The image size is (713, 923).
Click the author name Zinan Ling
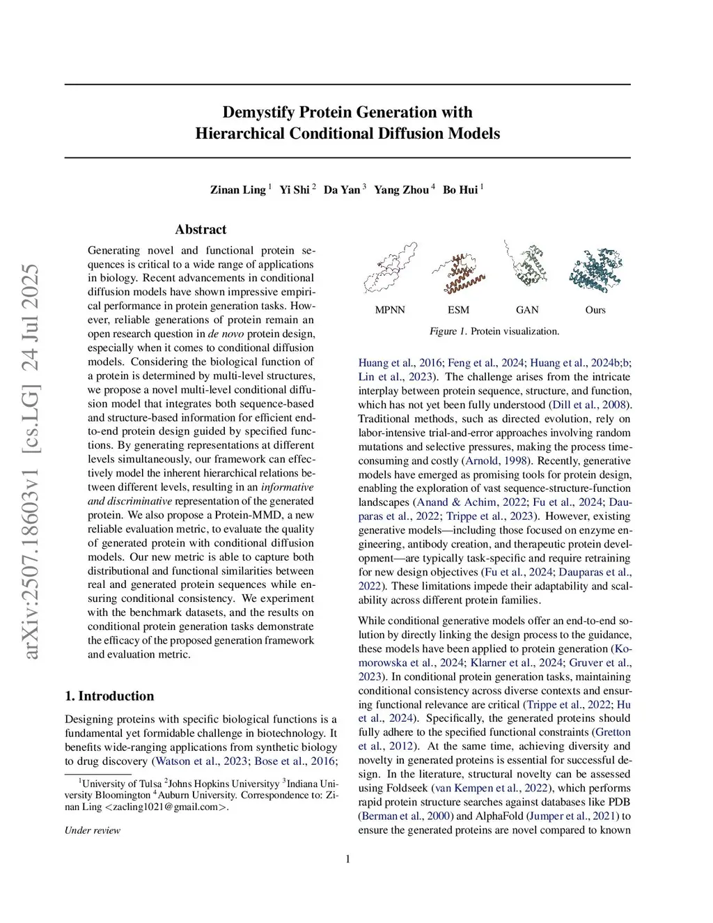[238, 189]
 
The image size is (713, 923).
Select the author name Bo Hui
[460, 189]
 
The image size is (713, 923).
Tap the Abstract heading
[201, 229]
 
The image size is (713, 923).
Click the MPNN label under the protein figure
[390, 310]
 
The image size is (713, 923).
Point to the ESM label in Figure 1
[458, 310]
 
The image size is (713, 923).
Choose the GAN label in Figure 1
[527, 310]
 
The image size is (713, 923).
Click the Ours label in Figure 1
[595, 310]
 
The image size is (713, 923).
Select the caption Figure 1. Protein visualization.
[494, 331]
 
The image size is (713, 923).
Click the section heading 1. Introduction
[109, 696]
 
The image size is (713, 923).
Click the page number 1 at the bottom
[347, 859]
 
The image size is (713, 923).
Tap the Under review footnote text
[93, 830]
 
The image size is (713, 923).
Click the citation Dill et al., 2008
[590, 405]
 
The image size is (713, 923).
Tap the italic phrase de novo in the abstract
[223, 334]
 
